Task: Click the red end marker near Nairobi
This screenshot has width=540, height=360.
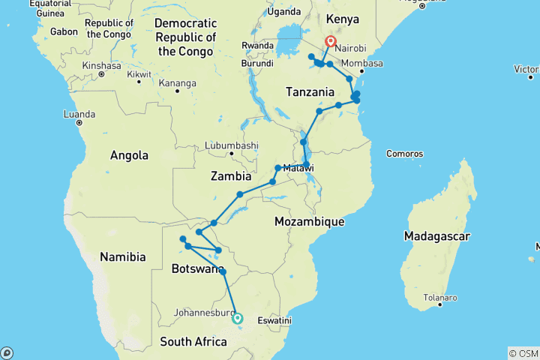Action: (329, 41)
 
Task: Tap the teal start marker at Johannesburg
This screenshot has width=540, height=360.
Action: (238, 318)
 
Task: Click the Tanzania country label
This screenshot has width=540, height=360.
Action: (310, 91)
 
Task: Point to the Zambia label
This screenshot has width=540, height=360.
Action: (231, 177)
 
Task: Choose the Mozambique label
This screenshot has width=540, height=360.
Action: (309, 222)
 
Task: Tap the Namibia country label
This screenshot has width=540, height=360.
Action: (123, 257)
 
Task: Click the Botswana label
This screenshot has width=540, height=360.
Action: (196, 268)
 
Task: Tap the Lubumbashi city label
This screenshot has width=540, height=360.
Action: (234, 145)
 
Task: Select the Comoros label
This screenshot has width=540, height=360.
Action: (405, 154)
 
